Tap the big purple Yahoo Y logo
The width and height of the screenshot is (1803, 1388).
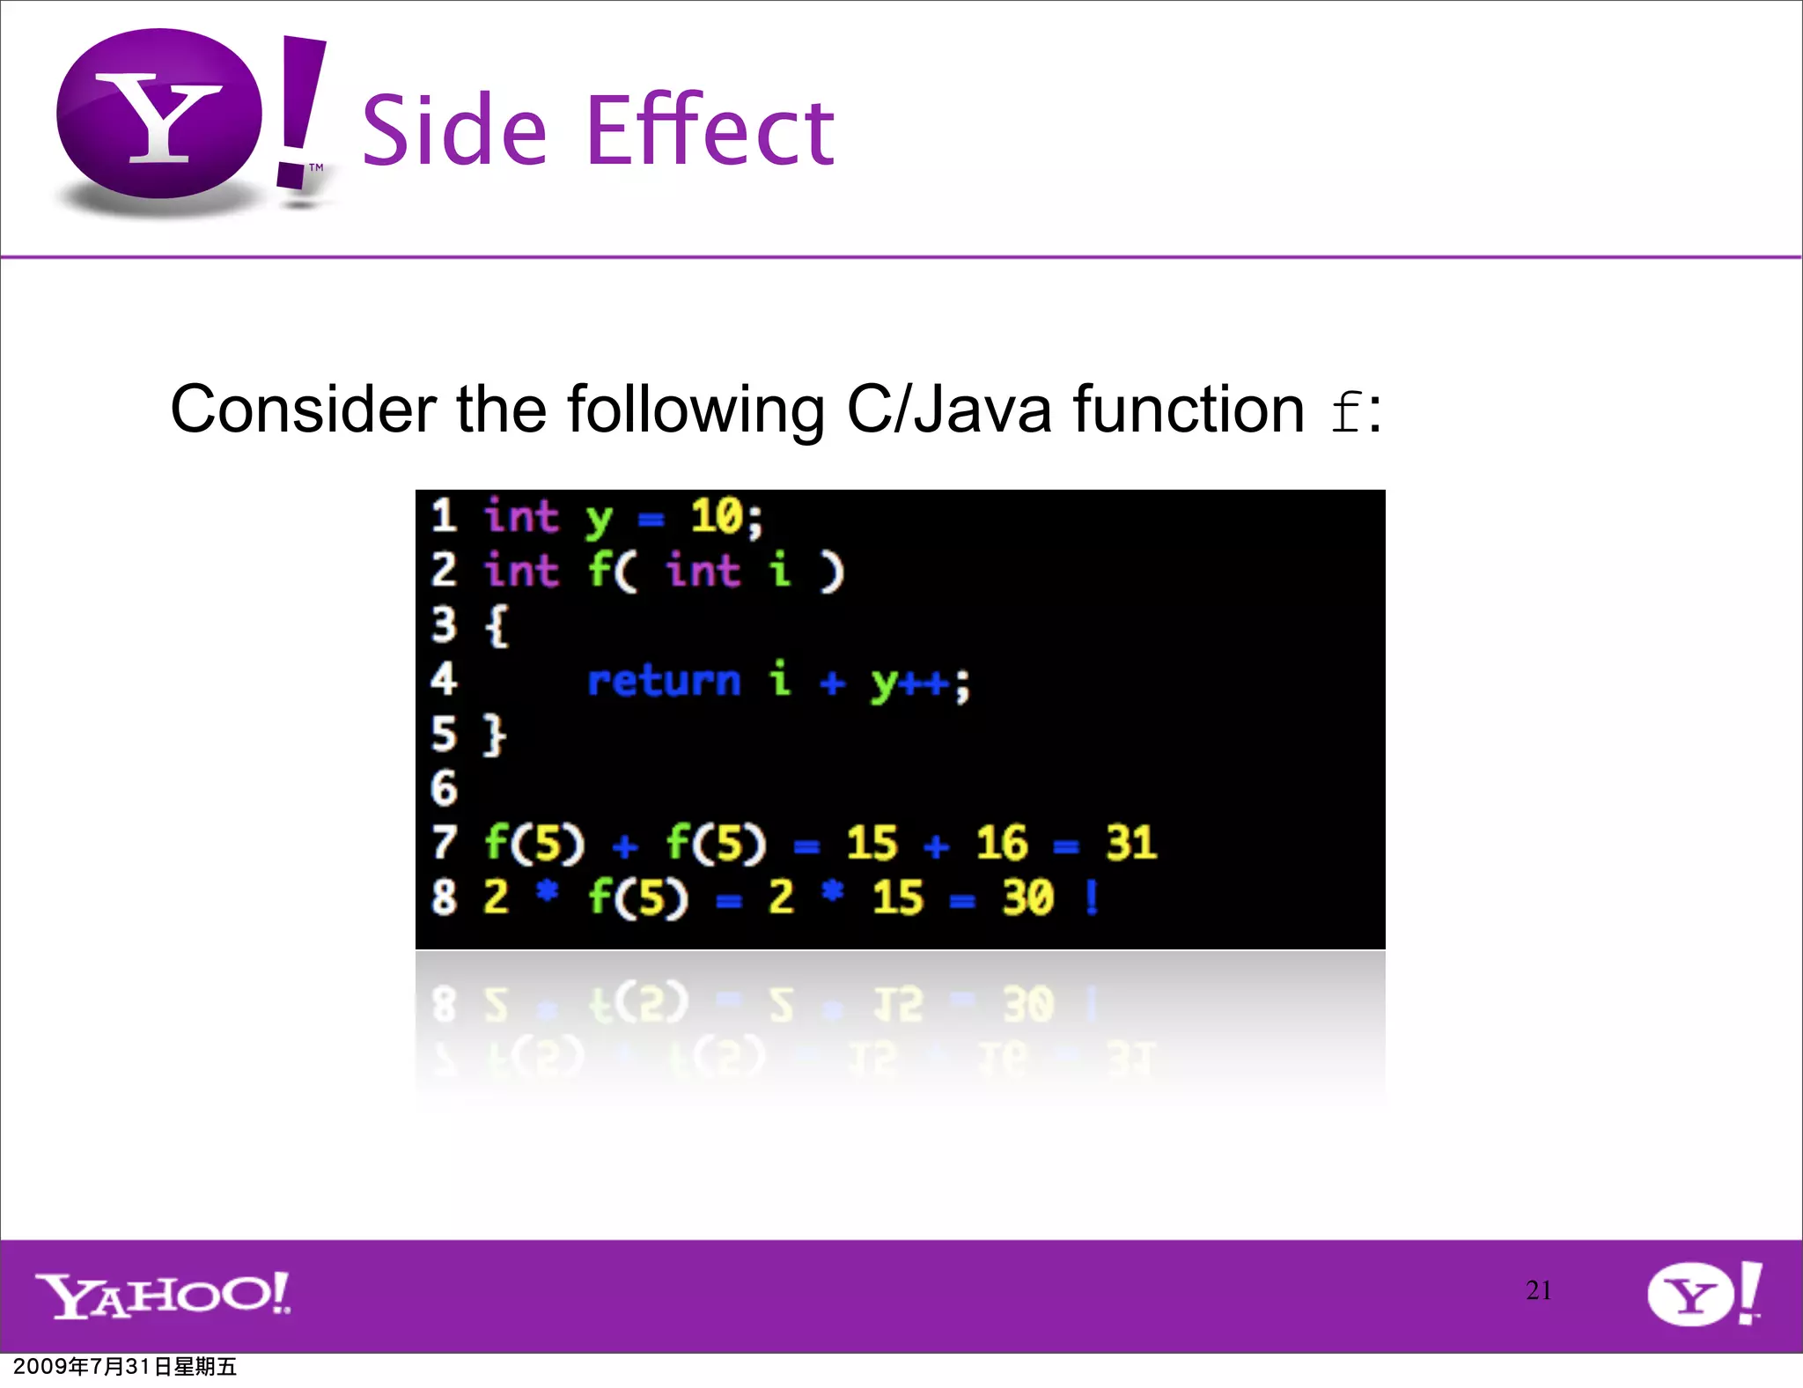(159, 114)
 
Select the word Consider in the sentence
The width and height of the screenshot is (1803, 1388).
(303, 410)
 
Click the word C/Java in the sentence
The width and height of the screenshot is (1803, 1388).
(948, 410)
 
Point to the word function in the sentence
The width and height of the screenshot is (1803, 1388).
(1188, 410)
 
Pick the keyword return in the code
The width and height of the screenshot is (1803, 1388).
(664, 681)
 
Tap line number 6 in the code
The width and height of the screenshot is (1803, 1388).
(444, 788)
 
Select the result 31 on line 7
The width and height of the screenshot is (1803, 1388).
(1130, 843)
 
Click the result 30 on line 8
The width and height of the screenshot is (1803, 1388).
(1027, 897)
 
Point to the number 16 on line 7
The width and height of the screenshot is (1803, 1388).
(1001, 843)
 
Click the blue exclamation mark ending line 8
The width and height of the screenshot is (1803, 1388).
(1092, 897)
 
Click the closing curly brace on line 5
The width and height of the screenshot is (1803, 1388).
(496, 735)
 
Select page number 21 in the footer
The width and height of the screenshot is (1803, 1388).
(1538, 1290)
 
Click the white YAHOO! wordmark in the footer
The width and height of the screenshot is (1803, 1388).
(163, 1295)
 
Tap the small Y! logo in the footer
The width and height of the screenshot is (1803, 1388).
(1704, 1294)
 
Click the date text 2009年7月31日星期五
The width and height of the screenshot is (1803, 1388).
(125, 1366)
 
